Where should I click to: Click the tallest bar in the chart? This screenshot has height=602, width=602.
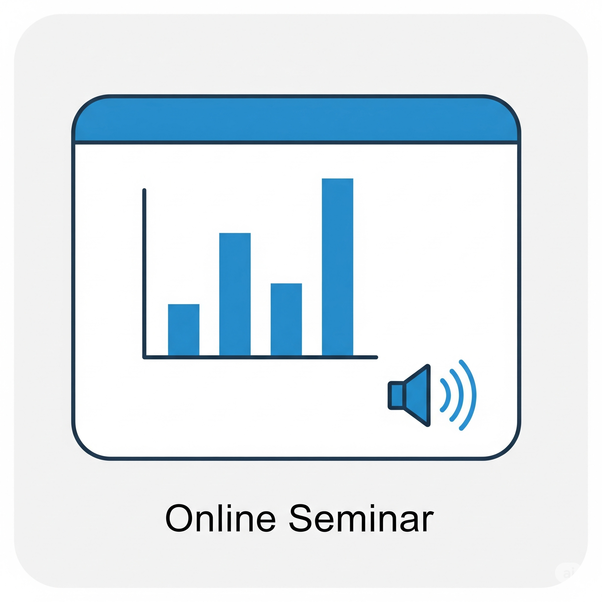[337, 267]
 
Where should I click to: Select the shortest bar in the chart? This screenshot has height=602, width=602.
[183, 330]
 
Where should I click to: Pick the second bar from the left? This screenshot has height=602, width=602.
[235, 294]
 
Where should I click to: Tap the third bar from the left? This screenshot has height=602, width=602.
[286, 320]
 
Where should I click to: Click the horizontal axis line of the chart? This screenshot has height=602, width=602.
[260, 357]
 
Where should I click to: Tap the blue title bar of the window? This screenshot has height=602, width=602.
[296, 119]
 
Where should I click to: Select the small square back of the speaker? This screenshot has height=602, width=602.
[396, 395]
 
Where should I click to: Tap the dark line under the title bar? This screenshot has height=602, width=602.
[296, 142]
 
